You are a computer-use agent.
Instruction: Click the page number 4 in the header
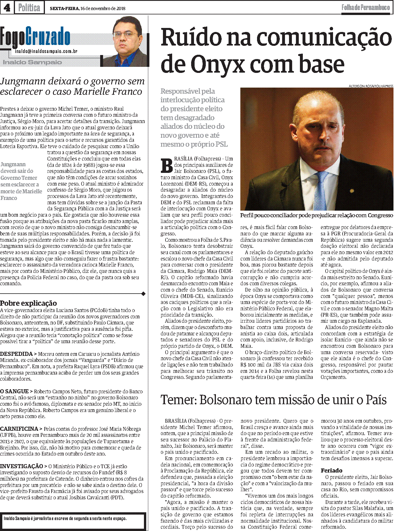(x=7, y=7)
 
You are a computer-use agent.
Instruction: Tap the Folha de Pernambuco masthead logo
(x=365, y=7)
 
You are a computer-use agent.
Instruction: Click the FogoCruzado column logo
(x=35, y=37)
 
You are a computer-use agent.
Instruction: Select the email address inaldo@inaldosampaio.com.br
(x=46, y=51)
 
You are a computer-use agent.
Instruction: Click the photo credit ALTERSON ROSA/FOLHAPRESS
(x=371, y=86)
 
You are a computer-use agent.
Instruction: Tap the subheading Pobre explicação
(x=28, y=303)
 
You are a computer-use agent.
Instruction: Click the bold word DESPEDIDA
(x=16, y=354)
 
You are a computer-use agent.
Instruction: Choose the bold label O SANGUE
(x=14, y=391)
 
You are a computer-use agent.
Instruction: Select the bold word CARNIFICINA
(x=19, y=429)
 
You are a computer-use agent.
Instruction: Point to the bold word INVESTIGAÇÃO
(x=22, y=466)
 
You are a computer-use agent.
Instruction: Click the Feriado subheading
(x=332, y=470)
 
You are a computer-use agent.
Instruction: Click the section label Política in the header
(x=29, y=7)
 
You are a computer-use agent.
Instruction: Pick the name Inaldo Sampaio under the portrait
(x=32, y=62)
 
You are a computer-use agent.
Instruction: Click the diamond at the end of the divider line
(x=143, y=294)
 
